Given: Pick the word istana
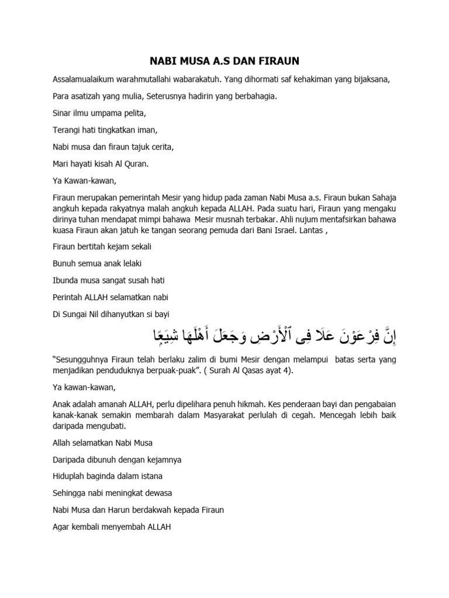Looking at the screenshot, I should [150, 476].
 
